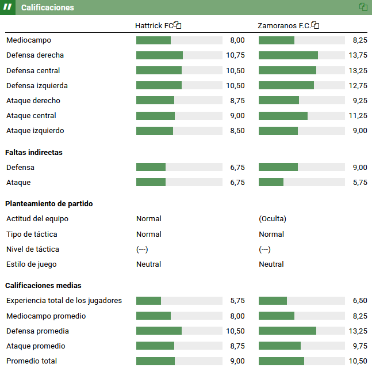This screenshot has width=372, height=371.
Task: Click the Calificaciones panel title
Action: pyautogui.click(x=48, y=7)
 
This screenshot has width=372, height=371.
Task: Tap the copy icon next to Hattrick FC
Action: pyautogui.click(x=178, y=25)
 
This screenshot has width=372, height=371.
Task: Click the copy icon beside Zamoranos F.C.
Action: pyautogui.click(x=315, y=25)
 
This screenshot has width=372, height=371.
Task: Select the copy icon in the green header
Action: pyautogui.click(x=363, y=7)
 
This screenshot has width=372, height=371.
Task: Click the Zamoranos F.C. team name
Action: pyautogui.click(x=283, y=26)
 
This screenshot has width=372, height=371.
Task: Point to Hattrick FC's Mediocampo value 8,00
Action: pyautogui.click(x=237, y=40)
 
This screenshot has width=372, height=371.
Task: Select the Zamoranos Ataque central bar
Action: pyautogui.click(x=301, y=116)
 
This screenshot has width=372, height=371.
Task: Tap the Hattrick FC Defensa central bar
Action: pyautogui.click(x=179, y=70)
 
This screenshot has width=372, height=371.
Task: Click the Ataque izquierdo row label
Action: pyautogui.click(x=35, y=131)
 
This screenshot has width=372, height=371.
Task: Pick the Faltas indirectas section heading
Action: pyautogui.click(x=34, y=153)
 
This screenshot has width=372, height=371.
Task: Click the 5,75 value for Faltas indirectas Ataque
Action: pyautogui.click(x=359, y=183)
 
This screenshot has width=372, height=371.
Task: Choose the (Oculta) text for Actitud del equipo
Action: pyautogui.click(x=273, y=219)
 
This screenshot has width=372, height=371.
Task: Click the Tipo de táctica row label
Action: pyautogui.click(x=32, y=234)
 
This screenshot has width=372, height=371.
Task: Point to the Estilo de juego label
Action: pyautogui.click(x=31, y=264)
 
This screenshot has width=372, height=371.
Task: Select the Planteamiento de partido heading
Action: pyautogui.click(x=49, y=204)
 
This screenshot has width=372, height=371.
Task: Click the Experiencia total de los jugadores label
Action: pyautogui.click(x=64, y=301)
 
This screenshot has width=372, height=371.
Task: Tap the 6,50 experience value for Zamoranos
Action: pyautogui.click(x=359, y=301)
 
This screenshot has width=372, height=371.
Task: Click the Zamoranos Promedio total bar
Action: pyautogui.click(x=301, y=361)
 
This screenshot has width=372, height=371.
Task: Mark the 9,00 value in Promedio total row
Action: pyautogui.click(x=237, y=361)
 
